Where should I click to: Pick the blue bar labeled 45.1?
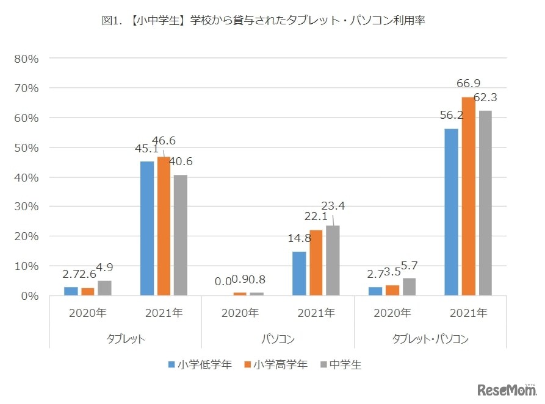tap(147, 229)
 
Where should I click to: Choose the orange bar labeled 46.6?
tap(164, 226)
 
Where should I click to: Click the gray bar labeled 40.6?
tap(181, 235)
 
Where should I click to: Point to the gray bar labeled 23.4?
tap(333, 261)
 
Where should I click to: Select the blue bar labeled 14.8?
tap(299, 274)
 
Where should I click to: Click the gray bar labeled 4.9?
tap(104, 288)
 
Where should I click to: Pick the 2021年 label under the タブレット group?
tap(164, 313)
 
